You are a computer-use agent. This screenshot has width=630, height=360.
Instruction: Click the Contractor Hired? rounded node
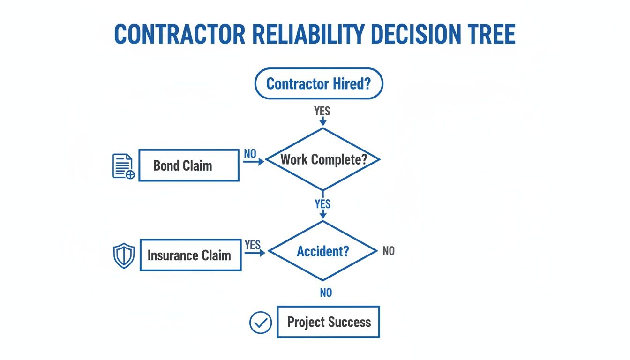coord(319,84)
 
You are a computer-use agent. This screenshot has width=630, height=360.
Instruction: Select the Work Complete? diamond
coord(322,159)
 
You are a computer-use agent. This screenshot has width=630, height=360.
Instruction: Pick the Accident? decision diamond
coord(322,251)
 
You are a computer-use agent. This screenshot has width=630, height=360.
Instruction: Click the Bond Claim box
coord(189,165)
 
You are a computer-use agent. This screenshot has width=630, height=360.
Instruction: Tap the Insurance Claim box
coord(190,255)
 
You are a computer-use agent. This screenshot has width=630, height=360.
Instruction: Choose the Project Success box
coord(328,322)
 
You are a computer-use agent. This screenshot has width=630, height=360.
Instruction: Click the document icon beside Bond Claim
coord(123,166)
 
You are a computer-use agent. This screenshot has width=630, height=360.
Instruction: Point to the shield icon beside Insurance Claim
coord(124,256)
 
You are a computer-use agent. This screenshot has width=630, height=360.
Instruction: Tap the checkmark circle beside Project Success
coord(260,322)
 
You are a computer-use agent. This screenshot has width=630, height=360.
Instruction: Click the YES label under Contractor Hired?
coord(322,111)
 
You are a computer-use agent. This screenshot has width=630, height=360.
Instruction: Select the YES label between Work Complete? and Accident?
coord(322,204)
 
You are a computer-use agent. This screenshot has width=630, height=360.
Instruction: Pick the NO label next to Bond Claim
coord(250,153)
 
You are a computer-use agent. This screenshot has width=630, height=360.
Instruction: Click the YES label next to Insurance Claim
coord(253,244)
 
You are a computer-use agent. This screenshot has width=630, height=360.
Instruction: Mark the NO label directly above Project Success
coord(326,292)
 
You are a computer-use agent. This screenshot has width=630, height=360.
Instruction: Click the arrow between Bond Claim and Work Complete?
coord(254,161)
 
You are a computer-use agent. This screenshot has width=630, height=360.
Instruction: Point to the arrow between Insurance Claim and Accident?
coord(255,252)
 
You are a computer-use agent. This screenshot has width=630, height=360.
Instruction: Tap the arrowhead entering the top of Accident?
coord(322,215)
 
